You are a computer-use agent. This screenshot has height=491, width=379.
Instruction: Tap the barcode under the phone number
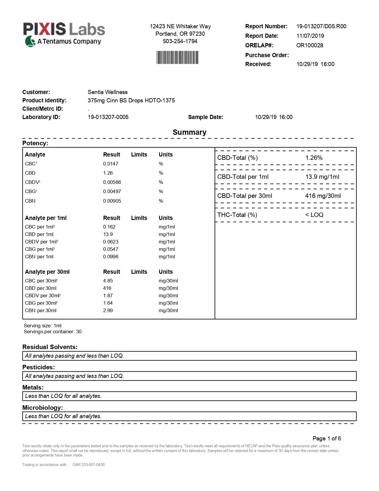[x=177, y=57]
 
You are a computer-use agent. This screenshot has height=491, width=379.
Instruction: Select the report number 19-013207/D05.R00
[x=321, y=26]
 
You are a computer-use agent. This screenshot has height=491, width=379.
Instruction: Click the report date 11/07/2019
[x=310, y=36]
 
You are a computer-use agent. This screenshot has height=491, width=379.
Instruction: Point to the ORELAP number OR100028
[x=309, y=45]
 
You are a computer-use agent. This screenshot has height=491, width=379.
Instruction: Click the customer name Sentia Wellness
[x=107, y=92]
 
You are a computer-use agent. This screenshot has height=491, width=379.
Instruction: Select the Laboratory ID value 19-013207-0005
[x=108, y=117]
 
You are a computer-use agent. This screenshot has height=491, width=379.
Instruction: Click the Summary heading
[x=189, y=132]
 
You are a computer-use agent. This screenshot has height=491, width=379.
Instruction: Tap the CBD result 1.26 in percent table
[x=108, y=173]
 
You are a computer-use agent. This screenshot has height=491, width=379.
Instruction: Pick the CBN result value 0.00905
[x=112, y=201]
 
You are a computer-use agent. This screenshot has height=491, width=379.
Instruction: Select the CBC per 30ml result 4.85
[x=108, y=281]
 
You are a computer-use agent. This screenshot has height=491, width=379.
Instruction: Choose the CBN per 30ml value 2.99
[x=108, y=310]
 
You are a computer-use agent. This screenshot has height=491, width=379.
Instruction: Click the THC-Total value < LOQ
[x=314, y=215]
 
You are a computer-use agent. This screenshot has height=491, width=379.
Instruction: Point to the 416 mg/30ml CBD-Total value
[x=323, y=196]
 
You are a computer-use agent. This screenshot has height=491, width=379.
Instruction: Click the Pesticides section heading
[x=39, y=367]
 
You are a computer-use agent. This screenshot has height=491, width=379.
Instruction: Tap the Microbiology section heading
[x=43, y=408]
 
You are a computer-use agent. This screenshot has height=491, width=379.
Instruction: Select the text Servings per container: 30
[x=53, y=331]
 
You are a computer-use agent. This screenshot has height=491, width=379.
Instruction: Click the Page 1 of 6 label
[x=327, y=438]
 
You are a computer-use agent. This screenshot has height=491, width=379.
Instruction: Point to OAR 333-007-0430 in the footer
[x=89, y=465]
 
